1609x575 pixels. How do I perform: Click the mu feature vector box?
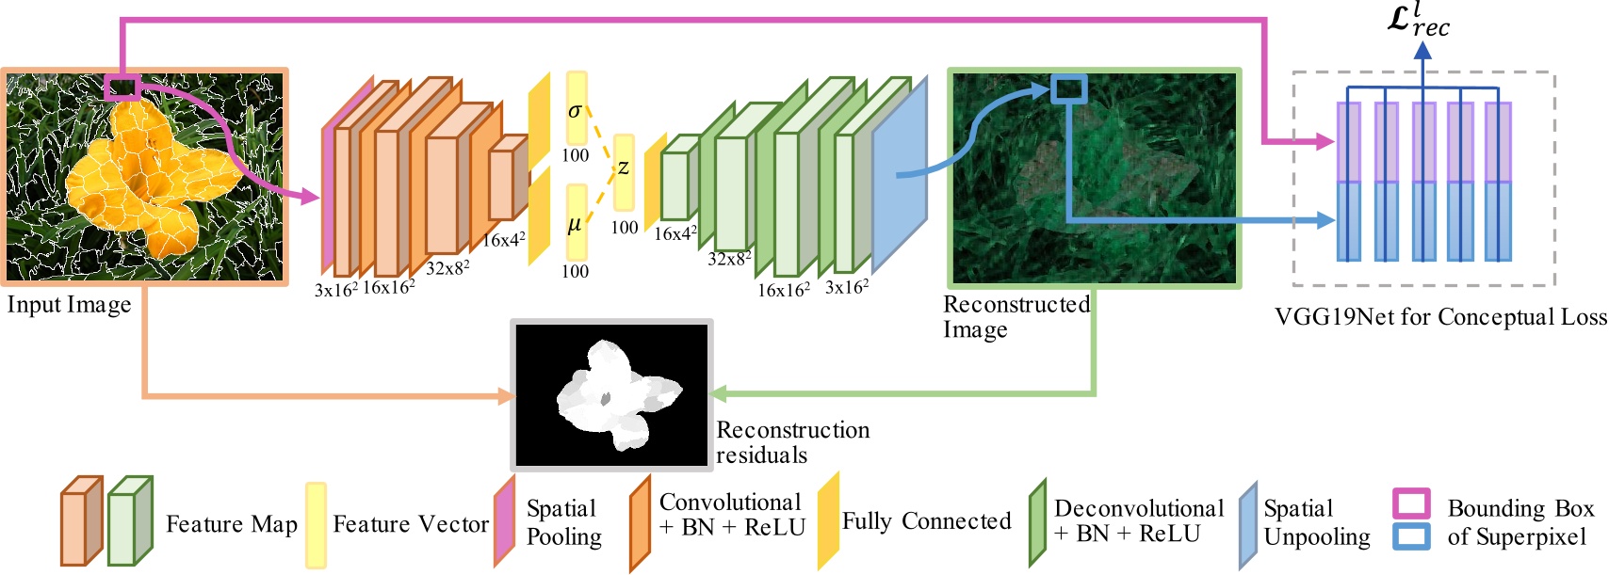[x=576, y=222]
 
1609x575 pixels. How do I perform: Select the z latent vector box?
[x=624, y=171]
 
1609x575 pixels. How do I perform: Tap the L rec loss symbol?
[x=1418, y=21]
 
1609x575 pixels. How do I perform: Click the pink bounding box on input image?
[x=122, y=88]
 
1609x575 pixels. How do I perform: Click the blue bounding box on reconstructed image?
[x=1069, y=89]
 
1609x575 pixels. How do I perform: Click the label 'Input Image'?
[x=69, y=306]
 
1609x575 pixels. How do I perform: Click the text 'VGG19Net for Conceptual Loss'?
[x=1440, y=317]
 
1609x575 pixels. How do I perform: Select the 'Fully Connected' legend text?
[x=926, y=521]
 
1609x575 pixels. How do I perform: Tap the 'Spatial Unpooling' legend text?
[x=1316, y=522]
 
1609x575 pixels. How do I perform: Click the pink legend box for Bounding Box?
[x=1410, y=504]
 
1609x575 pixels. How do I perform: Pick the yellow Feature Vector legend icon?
[x=316, y=524]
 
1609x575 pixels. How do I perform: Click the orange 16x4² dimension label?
[x=503, y=241]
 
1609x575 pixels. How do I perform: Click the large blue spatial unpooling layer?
[x=899, y=174]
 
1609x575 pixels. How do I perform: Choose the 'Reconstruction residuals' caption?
[x=792, y=442]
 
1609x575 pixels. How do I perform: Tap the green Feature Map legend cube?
[x=129, y=521]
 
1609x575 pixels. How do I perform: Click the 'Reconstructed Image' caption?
[x=1016, y=317]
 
